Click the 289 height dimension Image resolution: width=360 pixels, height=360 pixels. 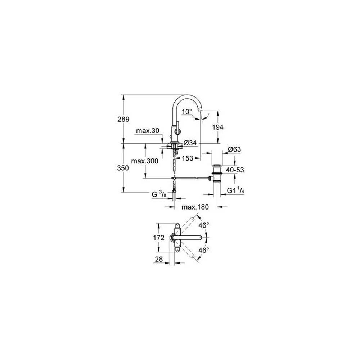click(x=123, y=119)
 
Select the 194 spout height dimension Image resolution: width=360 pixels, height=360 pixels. click(x=218, y=127)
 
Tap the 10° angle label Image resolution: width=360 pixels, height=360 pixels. click(x=186, y=112)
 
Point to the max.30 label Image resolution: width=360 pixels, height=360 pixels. click(x=148, y=131)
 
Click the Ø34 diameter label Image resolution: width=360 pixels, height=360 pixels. click(x=190, y=143)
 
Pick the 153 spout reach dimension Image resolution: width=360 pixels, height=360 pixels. click(x=188, y=158)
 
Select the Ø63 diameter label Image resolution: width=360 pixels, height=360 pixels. click(x=234, y=149)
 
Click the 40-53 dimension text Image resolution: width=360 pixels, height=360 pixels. click(x=235, y=170)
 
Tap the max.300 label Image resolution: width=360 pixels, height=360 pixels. click(x=145, y=161)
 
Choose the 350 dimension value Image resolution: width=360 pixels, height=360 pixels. click(x=123, y=168)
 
